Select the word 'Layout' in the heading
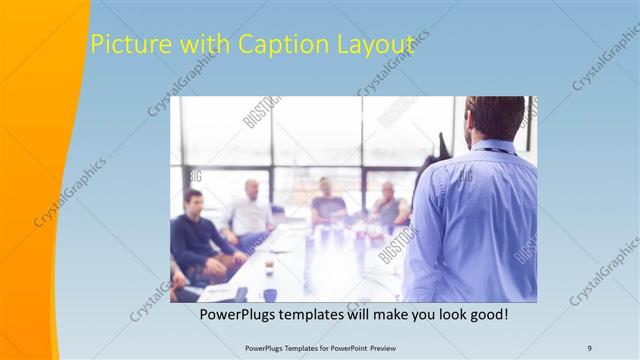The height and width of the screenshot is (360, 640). point(372,45)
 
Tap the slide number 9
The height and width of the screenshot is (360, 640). point(589,347)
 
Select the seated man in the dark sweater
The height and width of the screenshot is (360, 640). point(192,236)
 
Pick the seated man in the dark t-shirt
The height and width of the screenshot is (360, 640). point(326,203)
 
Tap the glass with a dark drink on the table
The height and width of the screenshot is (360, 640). point(269,266)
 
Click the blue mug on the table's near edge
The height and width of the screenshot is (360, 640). point(270,295)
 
